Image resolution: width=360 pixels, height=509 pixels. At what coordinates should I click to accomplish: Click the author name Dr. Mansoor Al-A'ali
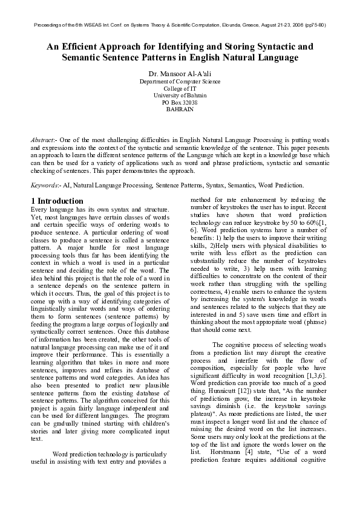(x=180, y=73)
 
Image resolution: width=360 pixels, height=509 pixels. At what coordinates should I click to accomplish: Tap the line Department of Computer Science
(x=180, y=81)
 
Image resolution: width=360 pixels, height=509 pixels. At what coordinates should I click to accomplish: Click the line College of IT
(x=180, y=88)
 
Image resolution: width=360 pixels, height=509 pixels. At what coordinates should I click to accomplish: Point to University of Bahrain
(x=180, y=96)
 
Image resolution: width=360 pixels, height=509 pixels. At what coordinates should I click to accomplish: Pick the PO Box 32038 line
(x=180, y=103)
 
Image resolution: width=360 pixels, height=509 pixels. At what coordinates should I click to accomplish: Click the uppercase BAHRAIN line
(x=180, y=110)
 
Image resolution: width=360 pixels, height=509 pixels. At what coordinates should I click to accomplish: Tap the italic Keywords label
(x=44, y=186)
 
